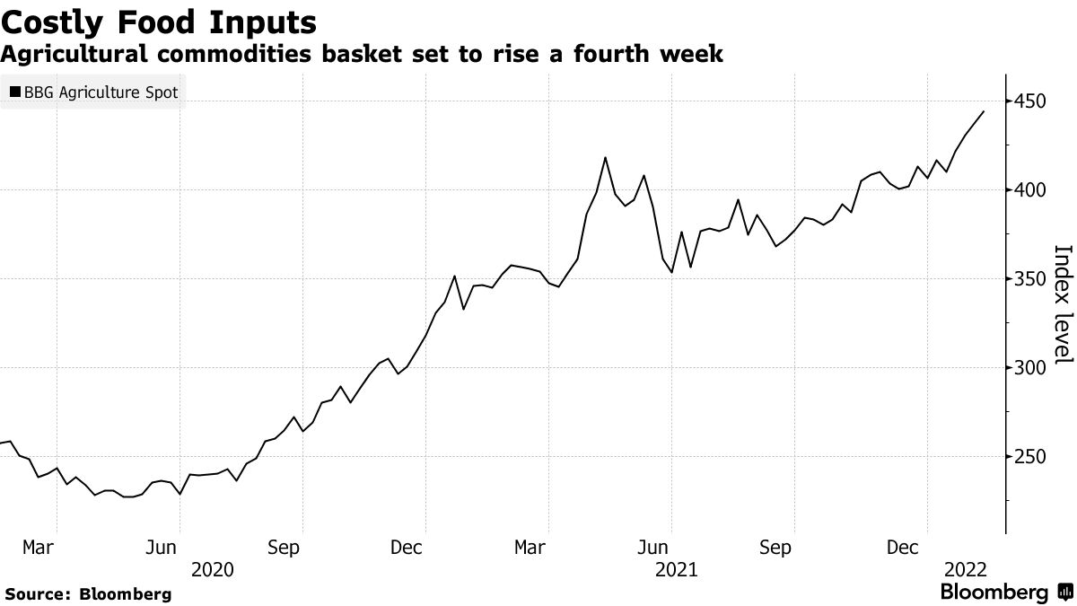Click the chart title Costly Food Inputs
pos(158,22)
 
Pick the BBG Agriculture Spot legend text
pos(101,92)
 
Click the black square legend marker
pos(15,92)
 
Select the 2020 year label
pos(213,569)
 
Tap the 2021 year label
pos(678,569)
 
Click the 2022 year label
pos(965,569)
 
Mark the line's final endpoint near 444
pos(985,111)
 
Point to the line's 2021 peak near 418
pos(605,157)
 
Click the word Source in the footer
pos(36,593)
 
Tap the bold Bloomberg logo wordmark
pos(994,593)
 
